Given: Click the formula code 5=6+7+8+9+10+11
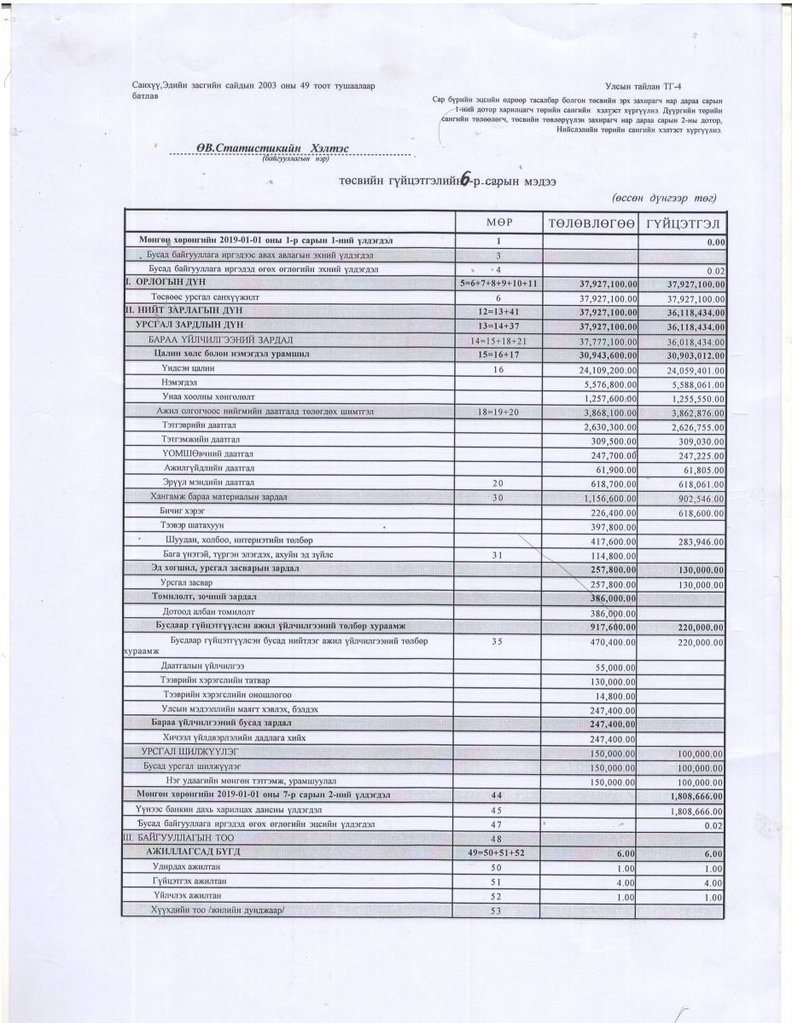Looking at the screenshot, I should click(499, 282).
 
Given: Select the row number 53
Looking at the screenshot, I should click(499, 910).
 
